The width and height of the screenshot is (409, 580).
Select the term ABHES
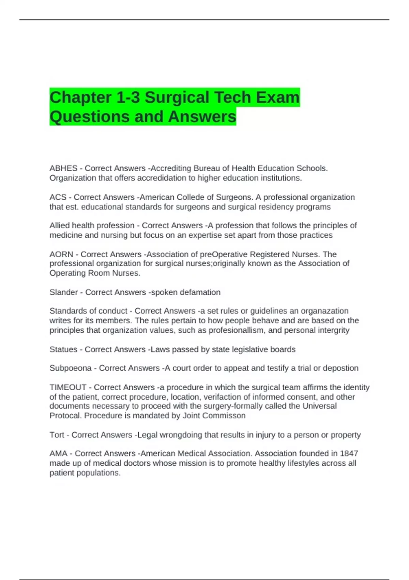tap(63, 169)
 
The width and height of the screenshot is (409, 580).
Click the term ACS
tap(58, 197)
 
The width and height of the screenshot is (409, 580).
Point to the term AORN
tap(61, 255)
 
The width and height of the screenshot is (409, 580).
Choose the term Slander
tap(64, 292)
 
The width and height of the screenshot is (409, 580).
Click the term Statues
tap(63, 350)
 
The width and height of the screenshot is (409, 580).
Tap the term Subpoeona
tap(71, 368)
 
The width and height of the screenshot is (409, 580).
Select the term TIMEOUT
tap(68, 388)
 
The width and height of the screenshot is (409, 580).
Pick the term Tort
tap(57, 435)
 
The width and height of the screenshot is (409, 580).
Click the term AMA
tap(58, 454)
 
